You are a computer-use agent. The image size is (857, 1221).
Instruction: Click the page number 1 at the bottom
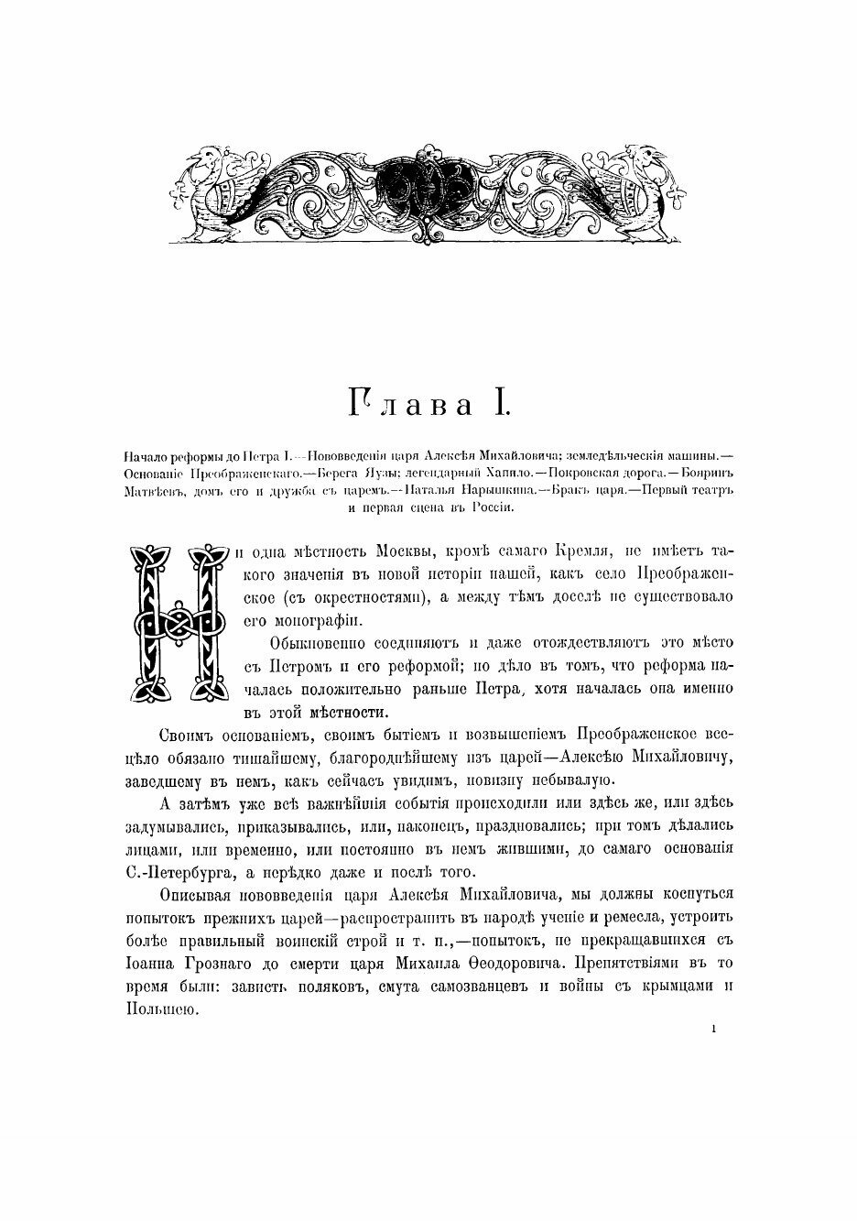712,1030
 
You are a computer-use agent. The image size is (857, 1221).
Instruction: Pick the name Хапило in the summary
491,473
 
